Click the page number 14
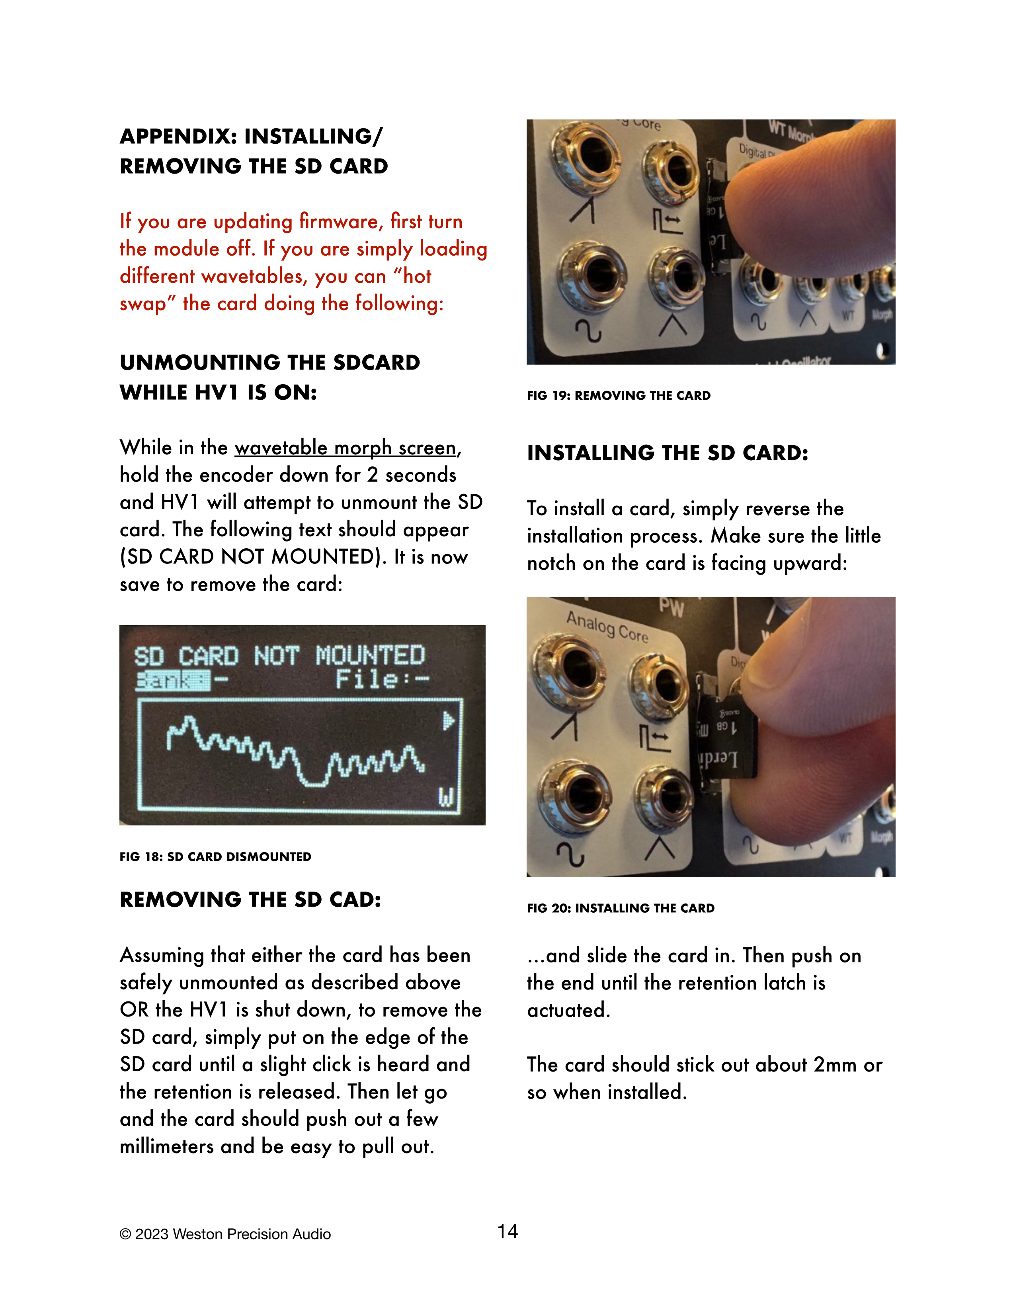(507, 1232)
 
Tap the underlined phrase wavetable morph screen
(345, 448)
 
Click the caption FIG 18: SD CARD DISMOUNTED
(215, 857)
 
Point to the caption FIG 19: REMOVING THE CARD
(619, 395)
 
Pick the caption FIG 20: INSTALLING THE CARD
(621, 908)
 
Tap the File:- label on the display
(383, 679)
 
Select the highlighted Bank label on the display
(173, 680)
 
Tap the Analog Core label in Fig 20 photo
(607, 627)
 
